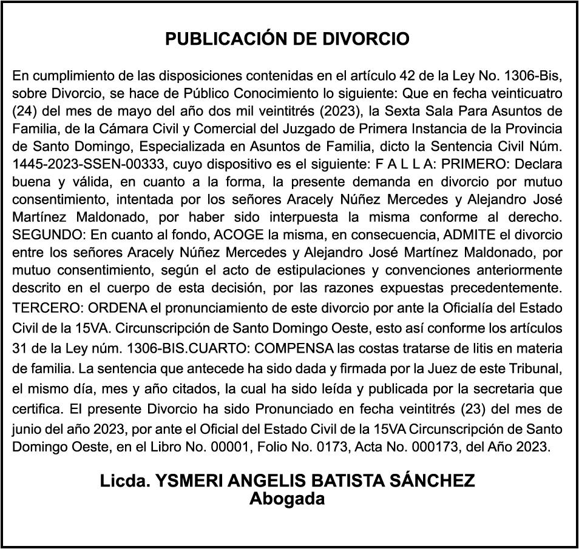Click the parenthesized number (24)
click(23, 111)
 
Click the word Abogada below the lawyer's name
click(288, 499)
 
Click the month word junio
click(26, 428)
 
